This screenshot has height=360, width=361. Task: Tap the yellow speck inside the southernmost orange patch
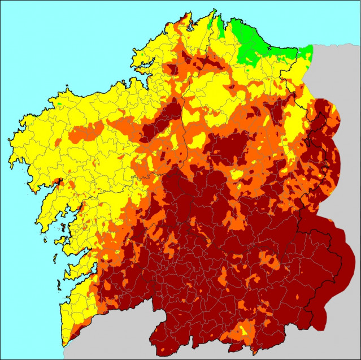click(x=245, y=328)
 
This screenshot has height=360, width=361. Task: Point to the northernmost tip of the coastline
click(x=215, y=10)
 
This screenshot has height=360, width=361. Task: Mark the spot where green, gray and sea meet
click(x=312, y=45)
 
